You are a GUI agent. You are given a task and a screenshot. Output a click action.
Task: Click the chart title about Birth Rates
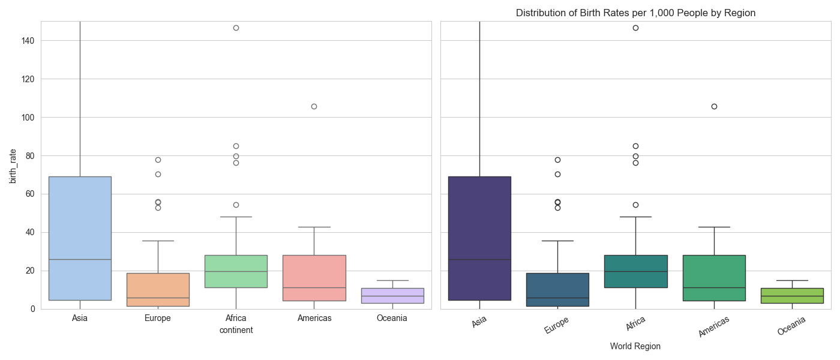(x=635, y=13)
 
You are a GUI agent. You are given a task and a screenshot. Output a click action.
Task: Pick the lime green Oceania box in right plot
(x=792, y=296)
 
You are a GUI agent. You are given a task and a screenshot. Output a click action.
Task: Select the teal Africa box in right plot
(x=635, y=271)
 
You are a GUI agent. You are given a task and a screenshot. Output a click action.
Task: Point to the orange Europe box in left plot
(x=158, y=290)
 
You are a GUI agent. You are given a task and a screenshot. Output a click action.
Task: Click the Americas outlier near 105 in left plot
(x=314, y=106)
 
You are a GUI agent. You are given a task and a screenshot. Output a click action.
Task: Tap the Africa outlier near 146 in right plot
(x=635, y=28)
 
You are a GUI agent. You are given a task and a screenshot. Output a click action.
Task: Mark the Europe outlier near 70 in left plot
(x=158, y=174)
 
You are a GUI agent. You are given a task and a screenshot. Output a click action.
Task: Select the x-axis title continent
(x=236, y=330)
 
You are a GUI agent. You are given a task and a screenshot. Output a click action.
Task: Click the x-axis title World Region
(x=635, y=346)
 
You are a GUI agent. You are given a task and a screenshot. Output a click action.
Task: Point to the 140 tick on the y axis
(x=28, y=40)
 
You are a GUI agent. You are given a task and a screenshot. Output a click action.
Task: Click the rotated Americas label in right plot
(x=713, y=327)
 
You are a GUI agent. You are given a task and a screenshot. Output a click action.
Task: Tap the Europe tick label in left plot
(x=158, y=318)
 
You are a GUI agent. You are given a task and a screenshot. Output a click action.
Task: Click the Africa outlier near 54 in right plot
(x=635, y=205)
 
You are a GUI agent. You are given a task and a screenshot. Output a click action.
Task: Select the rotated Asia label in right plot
(x=479, y=322)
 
